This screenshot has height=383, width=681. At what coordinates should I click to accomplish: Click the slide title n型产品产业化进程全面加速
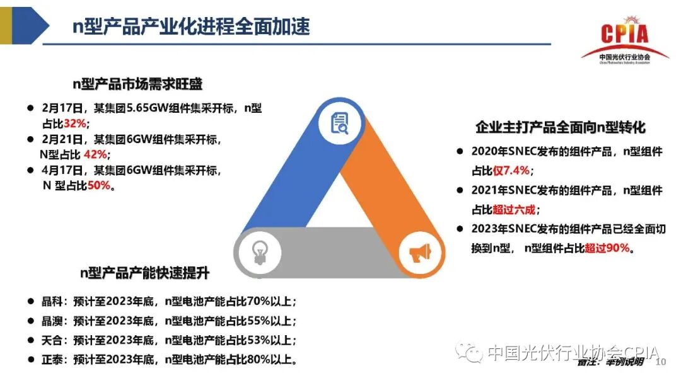(x=190, y=27)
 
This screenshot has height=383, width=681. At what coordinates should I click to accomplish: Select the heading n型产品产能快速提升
(x=145, y=273)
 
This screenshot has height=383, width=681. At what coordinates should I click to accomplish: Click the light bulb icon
(x=259, y=253)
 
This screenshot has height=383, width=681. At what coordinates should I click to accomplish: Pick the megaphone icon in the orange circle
(x=420, y=253)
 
